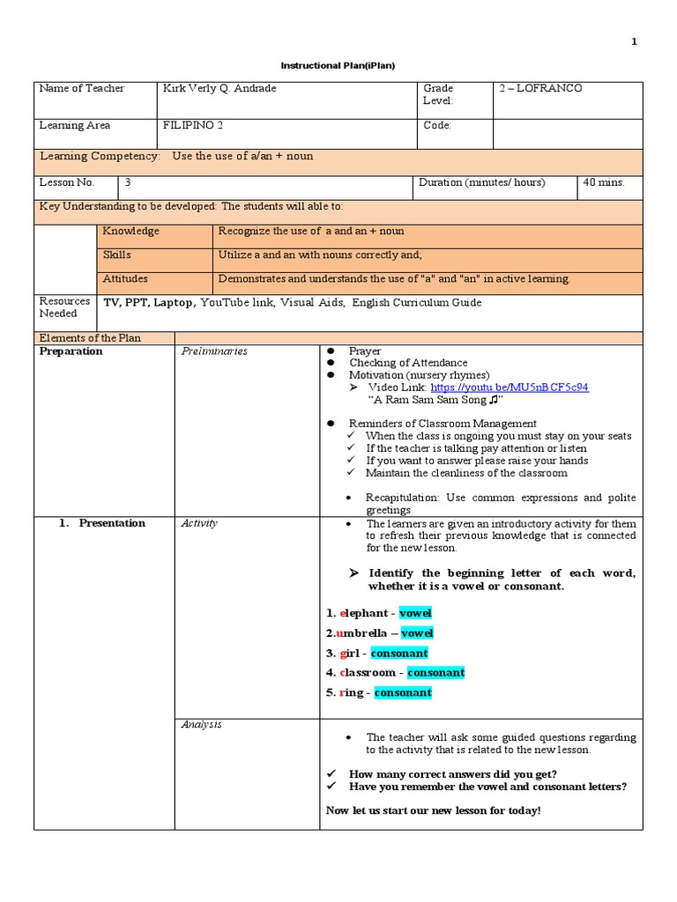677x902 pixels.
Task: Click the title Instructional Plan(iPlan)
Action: click(x=338, y=66)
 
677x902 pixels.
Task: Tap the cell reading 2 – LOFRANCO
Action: click(x=540, y=89)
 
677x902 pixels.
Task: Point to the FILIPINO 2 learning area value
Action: click(x=194, y=125)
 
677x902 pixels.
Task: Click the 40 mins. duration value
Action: click(x=603, y=182)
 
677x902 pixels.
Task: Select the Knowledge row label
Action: click(x=131, y=231)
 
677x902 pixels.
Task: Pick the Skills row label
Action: click(x=117, y=255)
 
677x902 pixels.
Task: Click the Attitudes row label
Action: click(x=125, y=278)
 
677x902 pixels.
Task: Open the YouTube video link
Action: click(x=510, y=387)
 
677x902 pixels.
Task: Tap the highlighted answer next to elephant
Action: click(x=415, y=613)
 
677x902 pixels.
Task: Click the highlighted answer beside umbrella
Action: click(x=417, y=633)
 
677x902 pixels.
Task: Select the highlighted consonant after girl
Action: click(x=399, y=653)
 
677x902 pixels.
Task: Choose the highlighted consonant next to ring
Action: click(x=403, y=692)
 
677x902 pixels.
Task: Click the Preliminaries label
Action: click(x=213, y=351)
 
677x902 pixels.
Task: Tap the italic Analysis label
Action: click(x=201, y=724)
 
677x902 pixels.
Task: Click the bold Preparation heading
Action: click(x=71, y=351)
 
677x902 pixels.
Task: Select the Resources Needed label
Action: click(x=64, y=307)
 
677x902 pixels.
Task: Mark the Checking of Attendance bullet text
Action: click(x=408, y=363)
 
